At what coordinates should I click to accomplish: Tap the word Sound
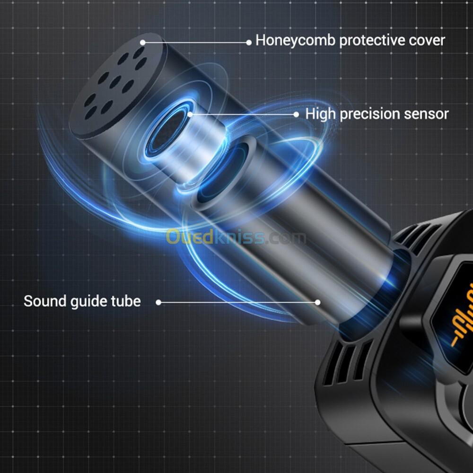pos(45,301)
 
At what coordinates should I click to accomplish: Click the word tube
pos(125,301)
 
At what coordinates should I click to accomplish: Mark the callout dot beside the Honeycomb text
pos(249,43)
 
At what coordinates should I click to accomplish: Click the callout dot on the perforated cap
pos(142,43)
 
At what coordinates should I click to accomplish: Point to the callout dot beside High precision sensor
pos(296,114)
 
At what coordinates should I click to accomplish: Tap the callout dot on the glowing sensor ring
pos(190,114)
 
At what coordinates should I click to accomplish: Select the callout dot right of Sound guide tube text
pos(158,302)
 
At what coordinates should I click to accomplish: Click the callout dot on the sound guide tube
pos(318,302)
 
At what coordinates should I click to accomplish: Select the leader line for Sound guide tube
pos(236,302)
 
